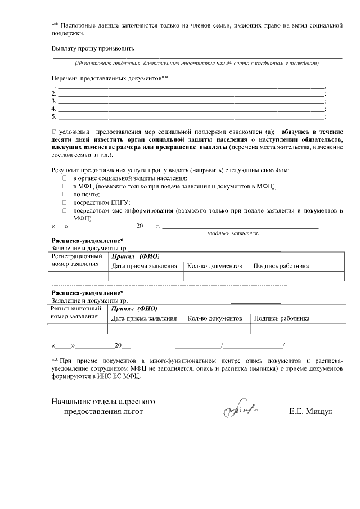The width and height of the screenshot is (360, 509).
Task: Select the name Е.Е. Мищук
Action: pyautogui.click(x=310, y=412)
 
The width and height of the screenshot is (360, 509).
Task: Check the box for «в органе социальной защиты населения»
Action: pyautogui.click(x=64, y=178)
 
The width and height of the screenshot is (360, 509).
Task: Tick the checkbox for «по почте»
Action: pyautogui.click(x=64, y=194)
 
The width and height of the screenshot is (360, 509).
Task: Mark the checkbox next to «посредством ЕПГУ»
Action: pyautogui.click(x=64, y=202)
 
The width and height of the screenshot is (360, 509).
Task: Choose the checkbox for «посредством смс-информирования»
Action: pyautogui.click(x=64, y=210)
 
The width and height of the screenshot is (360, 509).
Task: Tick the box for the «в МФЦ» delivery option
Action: pyautogui.click(x=64, y=186)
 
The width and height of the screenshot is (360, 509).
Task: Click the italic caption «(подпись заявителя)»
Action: pyautogui.click(x=233, y=233)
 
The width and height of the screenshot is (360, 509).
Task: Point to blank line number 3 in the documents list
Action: pyautogui.click(x=191, y=101)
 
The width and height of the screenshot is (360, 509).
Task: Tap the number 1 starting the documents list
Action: pyautogui.click(x=53, y=85)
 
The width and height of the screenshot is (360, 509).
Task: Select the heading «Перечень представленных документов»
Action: pyautogui.click(x=110, y=77)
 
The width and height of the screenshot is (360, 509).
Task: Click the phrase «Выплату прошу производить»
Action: pyautogui.click(x=93, y=48)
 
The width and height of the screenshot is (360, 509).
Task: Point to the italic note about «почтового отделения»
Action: pyautogui.click(x=197, y=62)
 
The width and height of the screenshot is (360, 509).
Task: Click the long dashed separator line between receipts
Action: pyautogui.click(x=169, y=286)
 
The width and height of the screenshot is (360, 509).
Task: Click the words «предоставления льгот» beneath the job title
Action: pyautogui.click(x=103, y=412)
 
